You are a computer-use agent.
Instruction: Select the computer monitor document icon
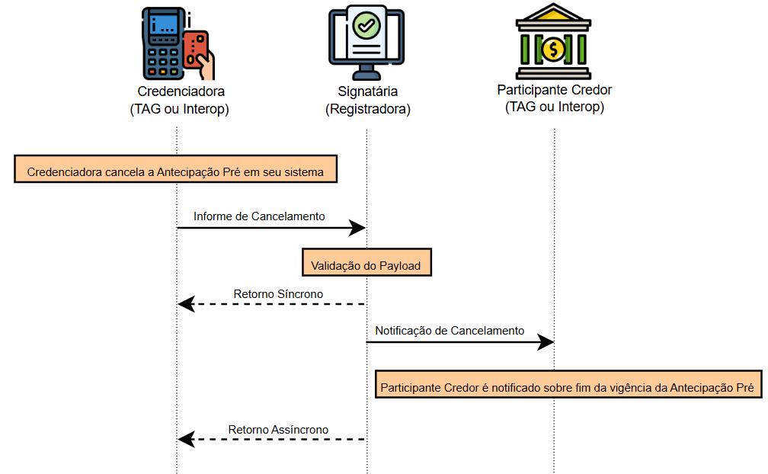pyautogui.click(x=367, y=42)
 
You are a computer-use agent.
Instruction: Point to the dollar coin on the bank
pyautogui.click(x=554, y=50)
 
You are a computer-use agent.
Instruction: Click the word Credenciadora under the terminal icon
pyautogui.click(x=180, y=91)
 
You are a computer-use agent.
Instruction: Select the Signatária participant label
pyautogui.click(x=368, y=91)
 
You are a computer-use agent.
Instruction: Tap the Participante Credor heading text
pyautogui.click(x=555, y=89)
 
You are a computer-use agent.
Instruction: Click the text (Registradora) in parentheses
pyautogui.click(x=368, y=109)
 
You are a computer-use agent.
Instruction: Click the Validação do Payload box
pyautogui.click(x=366, y=266)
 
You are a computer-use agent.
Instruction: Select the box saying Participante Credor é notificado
pyautogui.click(x=568, y=388)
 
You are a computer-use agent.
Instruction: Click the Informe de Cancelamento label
pyautogui.click(x=259, y=216)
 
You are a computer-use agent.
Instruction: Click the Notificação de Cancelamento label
pyautogui.click(x=450, y=331)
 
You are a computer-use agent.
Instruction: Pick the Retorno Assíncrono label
pyautogui.click(x=278, y=430)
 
